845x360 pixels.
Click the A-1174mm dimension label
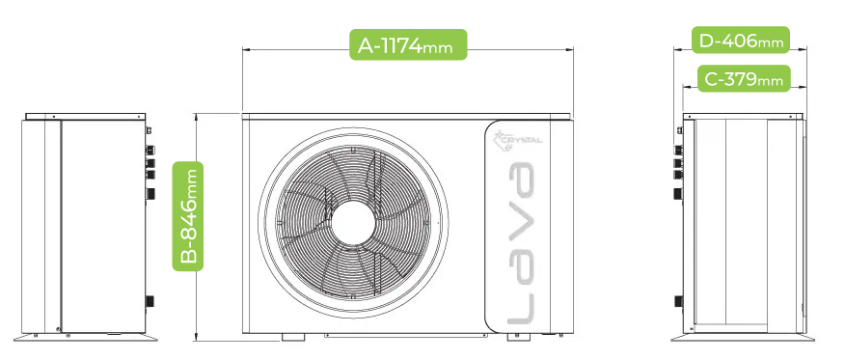click(408, 44)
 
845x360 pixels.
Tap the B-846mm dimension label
click(187, 215)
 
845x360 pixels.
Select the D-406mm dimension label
click(741, 40)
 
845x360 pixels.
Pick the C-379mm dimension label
click(744, 79)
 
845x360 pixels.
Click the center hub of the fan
click(353, 222)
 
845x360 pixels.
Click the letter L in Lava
click(521, 309)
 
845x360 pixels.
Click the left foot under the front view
click(293, 337)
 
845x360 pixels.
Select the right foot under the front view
click(518, 337)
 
